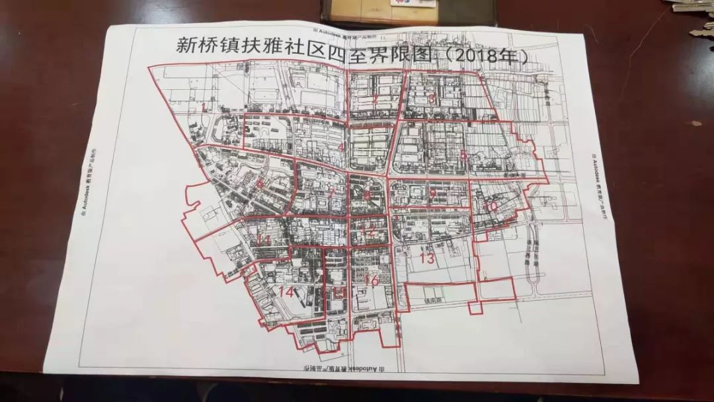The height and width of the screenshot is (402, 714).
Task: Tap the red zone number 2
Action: [375, 99]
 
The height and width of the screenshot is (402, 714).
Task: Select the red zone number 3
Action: [432, 99]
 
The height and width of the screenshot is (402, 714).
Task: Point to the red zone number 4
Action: [340, 147]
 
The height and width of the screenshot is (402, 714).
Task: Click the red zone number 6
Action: [260, 184]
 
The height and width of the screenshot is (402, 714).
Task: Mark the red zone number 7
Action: [331, 193]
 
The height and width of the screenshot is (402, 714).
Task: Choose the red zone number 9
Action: [432, 194]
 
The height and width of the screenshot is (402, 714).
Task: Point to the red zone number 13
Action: [427, 259]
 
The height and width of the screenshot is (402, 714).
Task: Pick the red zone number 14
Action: [286, 292]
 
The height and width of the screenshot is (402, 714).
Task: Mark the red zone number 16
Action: [371, 281]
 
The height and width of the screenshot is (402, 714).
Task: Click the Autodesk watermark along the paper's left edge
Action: [85, 179]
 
